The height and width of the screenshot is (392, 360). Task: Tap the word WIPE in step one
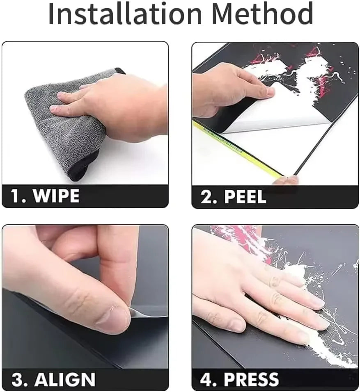coord(56,196)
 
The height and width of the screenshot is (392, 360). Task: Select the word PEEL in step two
coord(245,197)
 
